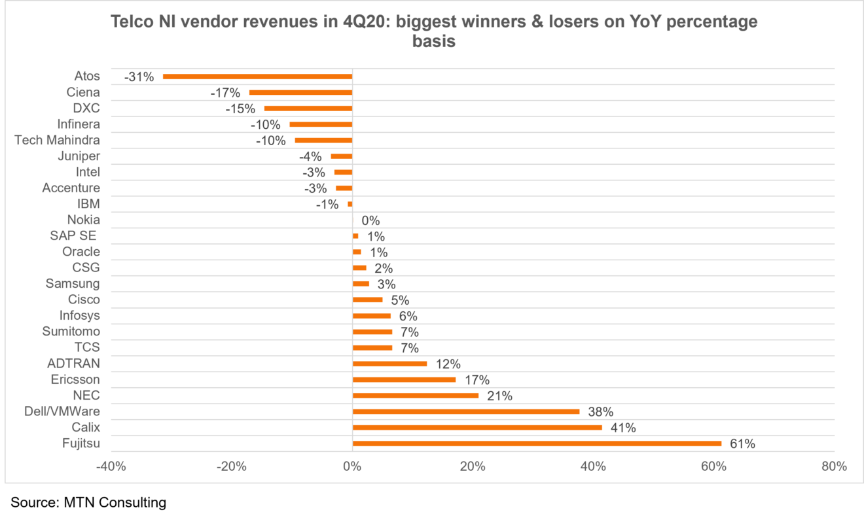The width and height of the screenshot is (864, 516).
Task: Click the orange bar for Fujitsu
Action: coord(537,443)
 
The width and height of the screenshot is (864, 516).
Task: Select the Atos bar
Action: coord(257,77)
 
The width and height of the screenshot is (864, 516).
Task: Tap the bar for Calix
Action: coord(477,428)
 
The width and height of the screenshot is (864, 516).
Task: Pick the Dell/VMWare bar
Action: coord(466,411)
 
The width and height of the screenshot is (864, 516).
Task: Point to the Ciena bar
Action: coord(300,92)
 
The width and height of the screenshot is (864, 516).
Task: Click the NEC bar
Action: coord(416,396)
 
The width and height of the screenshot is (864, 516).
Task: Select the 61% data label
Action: coord(742,444)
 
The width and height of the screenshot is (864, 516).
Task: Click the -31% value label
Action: coord(139,77)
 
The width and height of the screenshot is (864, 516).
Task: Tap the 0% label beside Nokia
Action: coord(370,220)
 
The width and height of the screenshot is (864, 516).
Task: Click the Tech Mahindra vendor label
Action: coord(57,140)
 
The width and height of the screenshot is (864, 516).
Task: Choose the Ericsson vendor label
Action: coord(75,379)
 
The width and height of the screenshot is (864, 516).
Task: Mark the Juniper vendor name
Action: coord(79,156)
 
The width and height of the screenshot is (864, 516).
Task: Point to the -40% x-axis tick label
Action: coord(111,466)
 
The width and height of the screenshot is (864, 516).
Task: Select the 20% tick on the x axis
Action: coord(473,466)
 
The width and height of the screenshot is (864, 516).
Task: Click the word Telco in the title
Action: coord(134,22)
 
